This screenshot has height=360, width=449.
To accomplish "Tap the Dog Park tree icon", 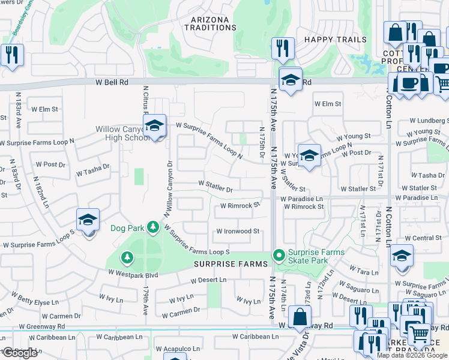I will (153, 227).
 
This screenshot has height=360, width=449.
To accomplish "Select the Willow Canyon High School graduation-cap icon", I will (154, 126).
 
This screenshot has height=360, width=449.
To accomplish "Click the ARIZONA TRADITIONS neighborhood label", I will (210, 23).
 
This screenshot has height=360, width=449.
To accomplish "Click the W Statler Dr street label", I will (215, 190).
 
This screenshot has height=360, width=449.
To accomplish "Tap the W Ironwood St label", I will (238, 231).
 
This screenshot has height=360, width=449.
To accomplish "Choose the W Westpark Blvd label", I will (133, 272).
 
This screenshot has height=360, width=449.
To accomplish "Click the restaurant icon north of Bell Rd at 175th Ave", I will (283, 48).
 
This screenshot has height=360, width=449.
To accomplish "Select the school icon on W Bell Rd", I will (290, 80).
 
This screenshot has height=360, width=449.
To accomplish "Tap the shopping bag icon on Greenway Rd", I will (300, 316).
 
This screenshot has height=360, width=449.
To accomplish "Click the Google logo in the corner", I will (19, 353).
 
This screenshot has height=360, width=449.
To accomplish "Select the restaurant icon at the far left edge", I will (12, 55).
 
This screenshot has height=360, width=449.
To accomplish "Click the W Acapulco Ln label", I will (178, 349).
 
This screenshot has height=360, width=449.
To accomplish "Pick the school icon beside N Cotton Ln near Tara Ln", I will (401, 256).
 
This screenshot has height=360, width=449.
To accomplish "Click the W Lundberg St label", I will (427, 121).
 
